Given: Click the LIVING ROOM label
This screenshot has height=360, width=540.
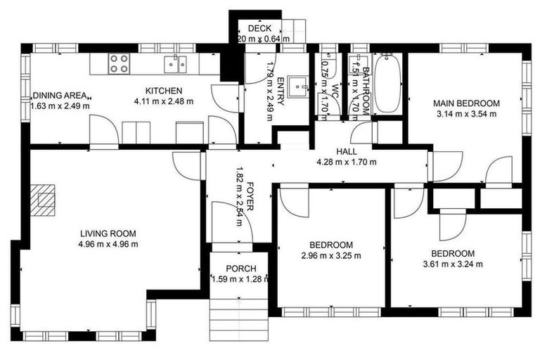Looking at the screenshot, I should click(x=108, y=234).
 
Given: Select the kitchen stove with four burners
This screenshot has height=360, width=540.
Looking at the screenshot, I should click(x=119, y=64).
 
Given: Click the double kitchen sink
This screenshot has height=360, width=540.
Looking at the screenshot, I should click(x=176, y=65).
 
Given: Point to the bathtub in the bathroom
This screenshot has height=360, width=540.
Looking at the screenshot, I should click(x=387, y=84).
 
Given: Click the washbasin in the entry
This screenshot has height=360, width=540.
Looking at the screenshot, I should click(x=301, y=84).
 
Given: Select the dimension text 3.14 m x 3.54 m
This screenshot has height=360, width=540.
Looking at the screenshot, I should click(x=466, y=113).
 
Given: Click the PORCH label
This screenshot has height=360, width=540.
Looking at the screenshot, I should click(x=240, y=269).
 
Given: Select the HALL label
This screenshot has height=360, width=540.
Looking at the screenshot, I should click(x=347, y=151).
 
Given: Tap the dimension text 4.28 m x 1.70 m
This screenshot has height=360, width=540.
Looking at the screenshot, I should click(x=347, y=162).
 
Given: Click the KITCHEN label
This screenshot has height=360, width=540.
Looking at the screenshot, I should click(x=164, y=91).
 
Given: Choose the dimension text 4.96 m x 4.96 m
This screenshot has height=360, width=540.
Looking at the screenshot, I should click(x=108, y=244).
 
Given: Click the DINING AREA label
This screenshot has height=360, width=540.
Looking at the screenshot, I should click(x=59, y=96).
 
